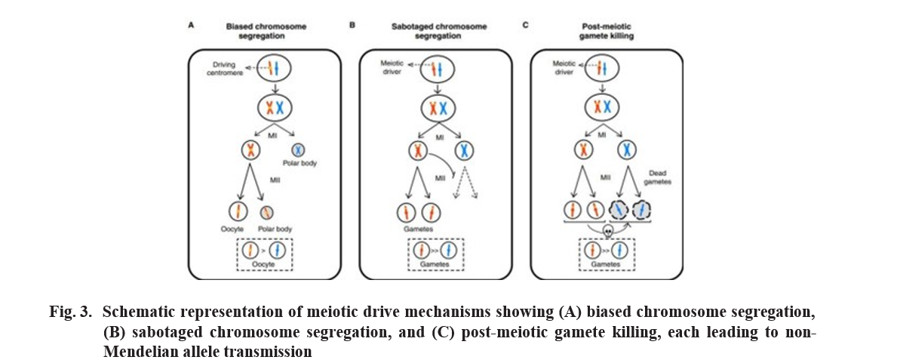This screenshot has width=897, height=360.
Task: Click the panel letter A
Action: tap(191, 25)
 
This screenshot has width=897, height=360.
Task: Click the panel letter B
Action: tap(352, 25)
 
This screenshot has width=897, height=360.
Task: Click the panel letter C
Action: tap(525, 25)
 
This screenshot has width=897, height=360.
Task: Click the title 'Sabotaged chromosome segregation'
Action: tap(439, 31)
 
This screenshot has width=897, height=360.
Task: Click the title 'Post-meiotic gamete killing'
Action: tap(607, 31)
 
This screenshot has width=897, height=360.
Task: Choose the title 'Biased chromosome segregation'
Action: tap(266, 31)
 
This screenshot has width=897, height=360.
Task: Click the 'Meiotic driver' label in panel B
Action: tap(392, 69)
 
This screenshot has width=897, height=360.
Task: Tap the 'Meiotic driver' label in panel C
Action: tap(564, 69)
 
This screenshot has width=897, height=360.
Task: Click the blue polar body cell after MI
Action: tap(298, 150)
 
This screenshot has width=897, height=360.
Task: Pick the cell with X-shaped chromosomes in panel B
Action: tap(438, 108)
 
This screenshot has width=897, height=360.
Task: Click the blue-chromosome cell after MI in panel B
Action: tap(465, 150)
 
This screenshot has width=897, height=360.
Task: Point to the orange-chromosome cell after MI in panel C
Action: tap(583, 150)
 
